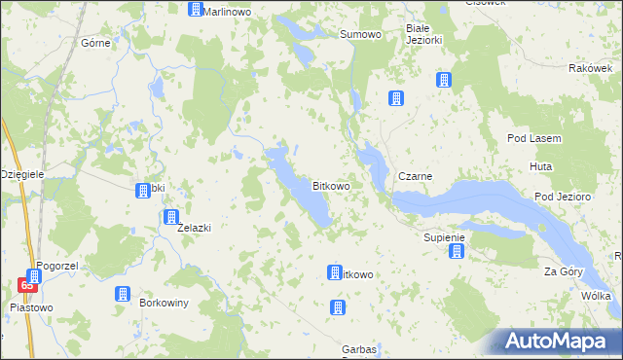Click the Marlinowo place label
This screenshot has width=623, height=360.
coord(228,11)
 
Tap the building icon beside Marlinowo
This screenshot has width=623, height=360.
coord(195,10)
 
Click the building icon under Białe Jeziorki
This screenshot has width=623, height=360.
coord(444,80)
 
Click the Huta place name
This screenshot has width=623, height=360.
coord(541,167)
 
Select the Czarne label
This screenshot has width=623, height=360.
coord(416,177)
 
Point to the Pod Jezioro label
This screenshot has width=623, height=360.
coord(563,197)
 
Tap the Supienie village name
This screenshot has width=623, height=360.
coord(445,237)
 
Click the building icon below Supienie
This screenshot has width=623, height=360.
coord(456,252)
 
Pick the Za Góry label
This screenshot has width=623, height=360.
coord(562,271)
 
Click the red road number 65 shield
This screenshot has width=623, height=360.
coord(27,285)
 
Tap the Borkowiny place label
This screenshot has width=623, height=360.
coord(164,303)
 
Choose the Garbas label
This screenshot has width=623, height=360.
coord(359,348)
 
